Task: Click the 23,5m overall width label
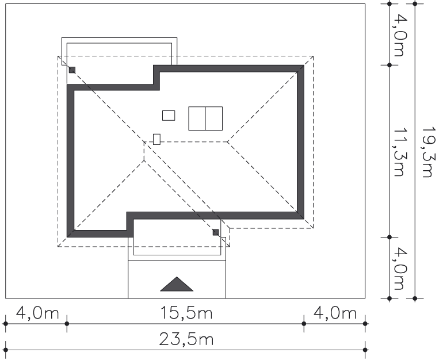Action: click(186, 339)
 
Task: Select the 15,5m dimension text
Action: click(186, 313)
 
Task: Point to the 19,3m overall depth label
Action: click(427, 152)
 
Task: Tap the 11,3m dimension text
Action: click(398, 152)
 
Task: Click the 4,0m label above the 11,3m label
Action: click(399, 35)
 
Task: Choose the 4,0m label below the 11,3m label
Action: click(399, 268)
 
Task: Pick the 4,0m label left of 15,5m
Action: click(37, 313)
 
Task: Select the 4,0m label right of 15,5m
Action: click(335, 313)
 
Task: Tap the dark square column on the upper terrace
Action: click(72, 70)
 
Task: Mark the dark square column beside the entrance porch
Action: click(216, 232)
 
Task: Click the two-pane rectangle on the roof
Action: click(205, 118)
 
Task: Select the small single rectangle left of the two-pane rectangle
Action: click(169, 116)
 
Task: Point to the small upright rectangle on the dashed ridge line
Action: click(157, 140)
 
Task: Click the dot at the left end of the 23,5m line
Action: click(5, 350)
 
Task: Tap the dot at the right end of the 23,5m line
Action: click(365, 350)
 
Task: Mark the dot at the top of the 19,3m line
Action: click(415, 3)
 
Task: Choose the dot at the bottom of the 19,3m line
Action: click(415, 298)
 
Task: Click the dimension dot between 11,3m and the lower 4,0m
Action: click(389, 237)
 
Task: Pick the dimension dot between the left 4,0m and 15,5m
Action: click(67, 324)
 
